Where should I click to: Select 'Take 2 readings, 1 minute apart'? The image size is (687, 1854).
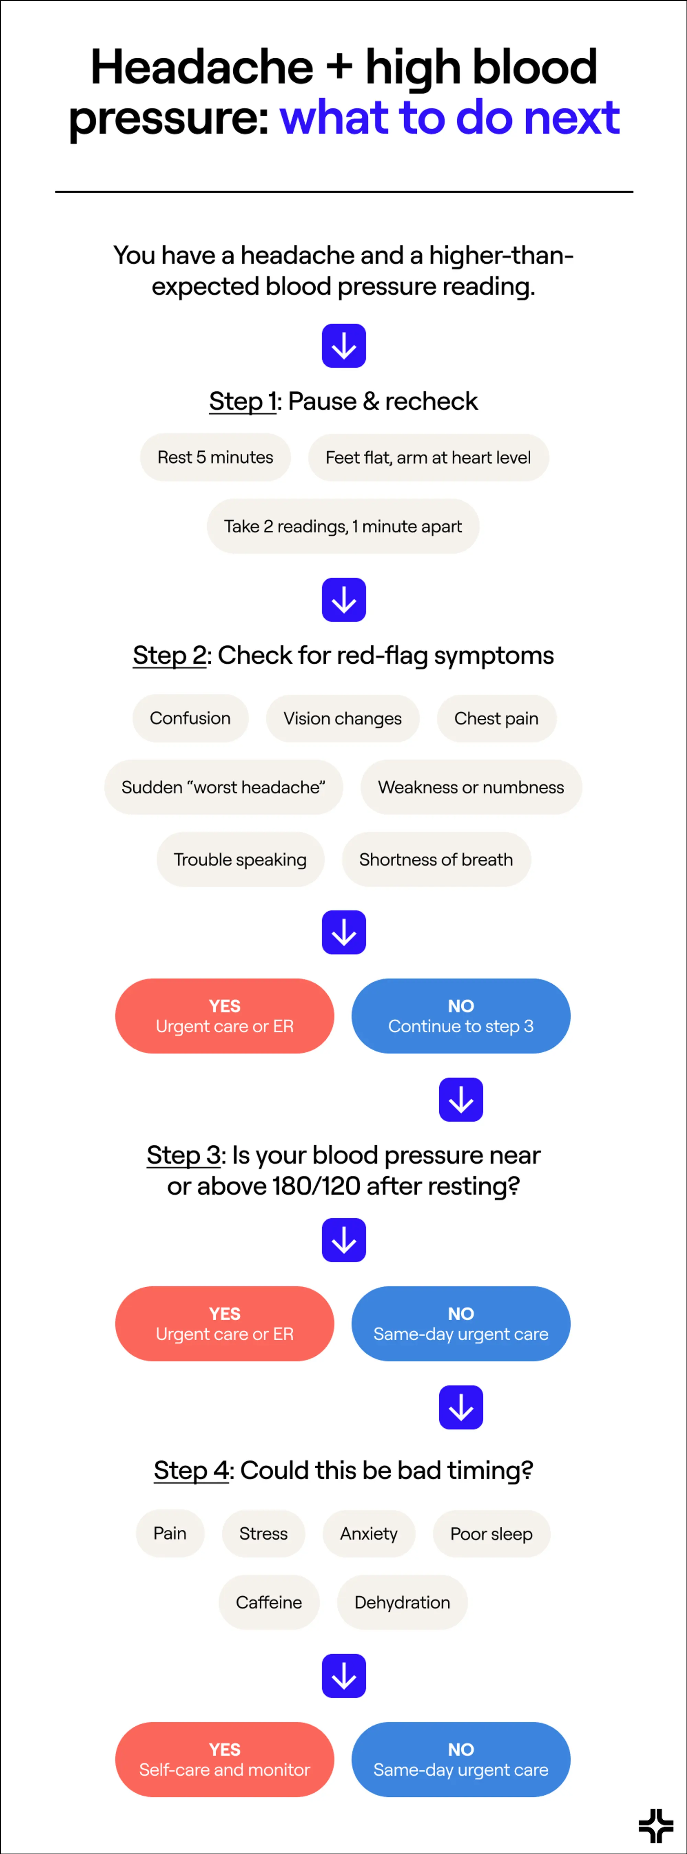[x=343, y=526]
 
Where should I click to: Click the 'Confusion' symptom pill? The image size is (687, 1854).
[x=190, y=718]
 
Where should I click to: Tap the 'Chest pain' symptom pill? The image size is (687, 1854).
[x=496, y=718]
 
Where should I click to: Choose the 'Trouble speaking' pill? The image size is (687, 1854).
[x=240, y=859]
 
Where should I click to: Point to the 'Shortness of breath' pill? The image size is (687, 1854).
[x=436, y=859]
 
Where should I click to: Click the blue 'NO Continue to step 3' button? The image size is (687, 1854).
[x=461, y=1016]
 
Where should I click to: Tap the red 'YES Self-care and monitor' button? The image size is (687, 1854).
[x=225, y=1759]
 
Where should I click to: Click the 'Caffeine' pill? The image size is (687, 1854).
[x=269, y=1602]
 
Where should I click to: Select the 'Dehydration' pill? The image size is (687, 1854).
[x=402, y=1602]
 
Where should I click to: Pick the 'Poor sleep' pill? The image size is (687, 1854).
[x=491, y=1534]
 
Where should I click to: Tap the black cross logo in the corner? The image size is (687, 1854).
[x=655, y=1825]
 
